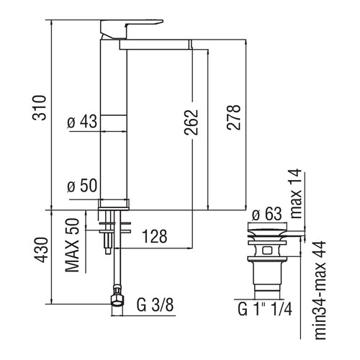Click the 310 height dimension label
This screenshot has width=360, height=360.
point(39,108)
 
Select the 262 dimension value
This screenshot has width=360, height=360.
point(192,122)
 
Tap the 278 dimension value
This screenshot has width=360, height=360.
point(233,117)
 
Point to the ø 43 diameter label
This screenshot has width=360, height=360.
point(82,121)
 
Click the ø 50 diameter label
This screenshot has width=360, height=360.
point(82,186)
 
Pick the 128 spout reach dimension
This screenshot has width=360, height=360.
point(155,236)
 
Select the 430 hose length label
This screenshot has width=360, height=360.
point(40,250)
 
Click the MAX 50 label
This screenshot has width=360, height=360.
point(72,245)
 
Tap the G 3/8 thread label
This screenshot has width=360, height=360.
point(156,305)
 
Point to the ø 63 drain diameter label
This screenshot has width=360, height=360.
point(266,214)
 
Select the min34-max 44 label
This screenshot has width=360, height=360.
point(320,290)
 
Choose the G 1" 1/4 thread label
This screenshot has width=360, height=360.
point(265,309)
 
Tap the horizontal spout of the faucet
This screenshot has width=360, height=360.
point(156,45)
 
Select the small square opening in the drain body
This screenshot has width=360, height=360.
point(267,251)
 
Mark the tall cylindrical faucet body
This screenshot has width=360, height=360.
point(113,120)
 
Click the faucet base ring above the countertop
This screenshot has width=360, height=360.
point(113,204)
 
